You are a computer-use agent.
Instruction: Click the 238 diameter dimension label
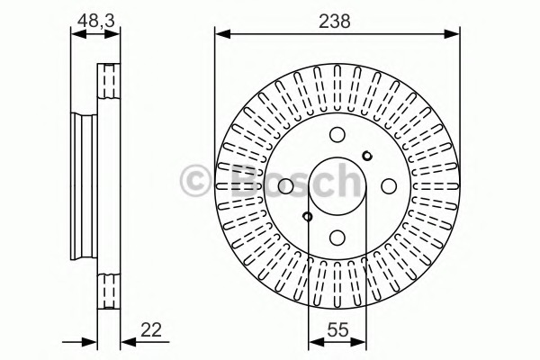335,21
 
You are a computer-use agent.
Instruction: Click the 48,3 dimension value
95,21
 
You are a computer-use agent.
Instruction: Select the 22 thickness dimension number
151,330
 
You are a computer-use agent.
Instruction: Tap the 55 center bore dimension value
337,330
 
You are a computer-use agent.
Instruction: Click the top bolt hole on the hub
337,134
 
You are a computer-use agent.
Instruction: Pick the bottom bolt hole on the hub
337,237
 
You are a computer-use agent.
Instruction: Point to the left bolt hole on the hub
285,186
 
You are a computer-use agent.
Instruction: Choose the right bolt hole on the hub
389,186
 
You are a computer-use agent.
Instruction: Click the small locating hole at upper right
367,156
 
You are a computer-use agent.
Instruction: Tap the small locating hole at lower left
307,216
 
